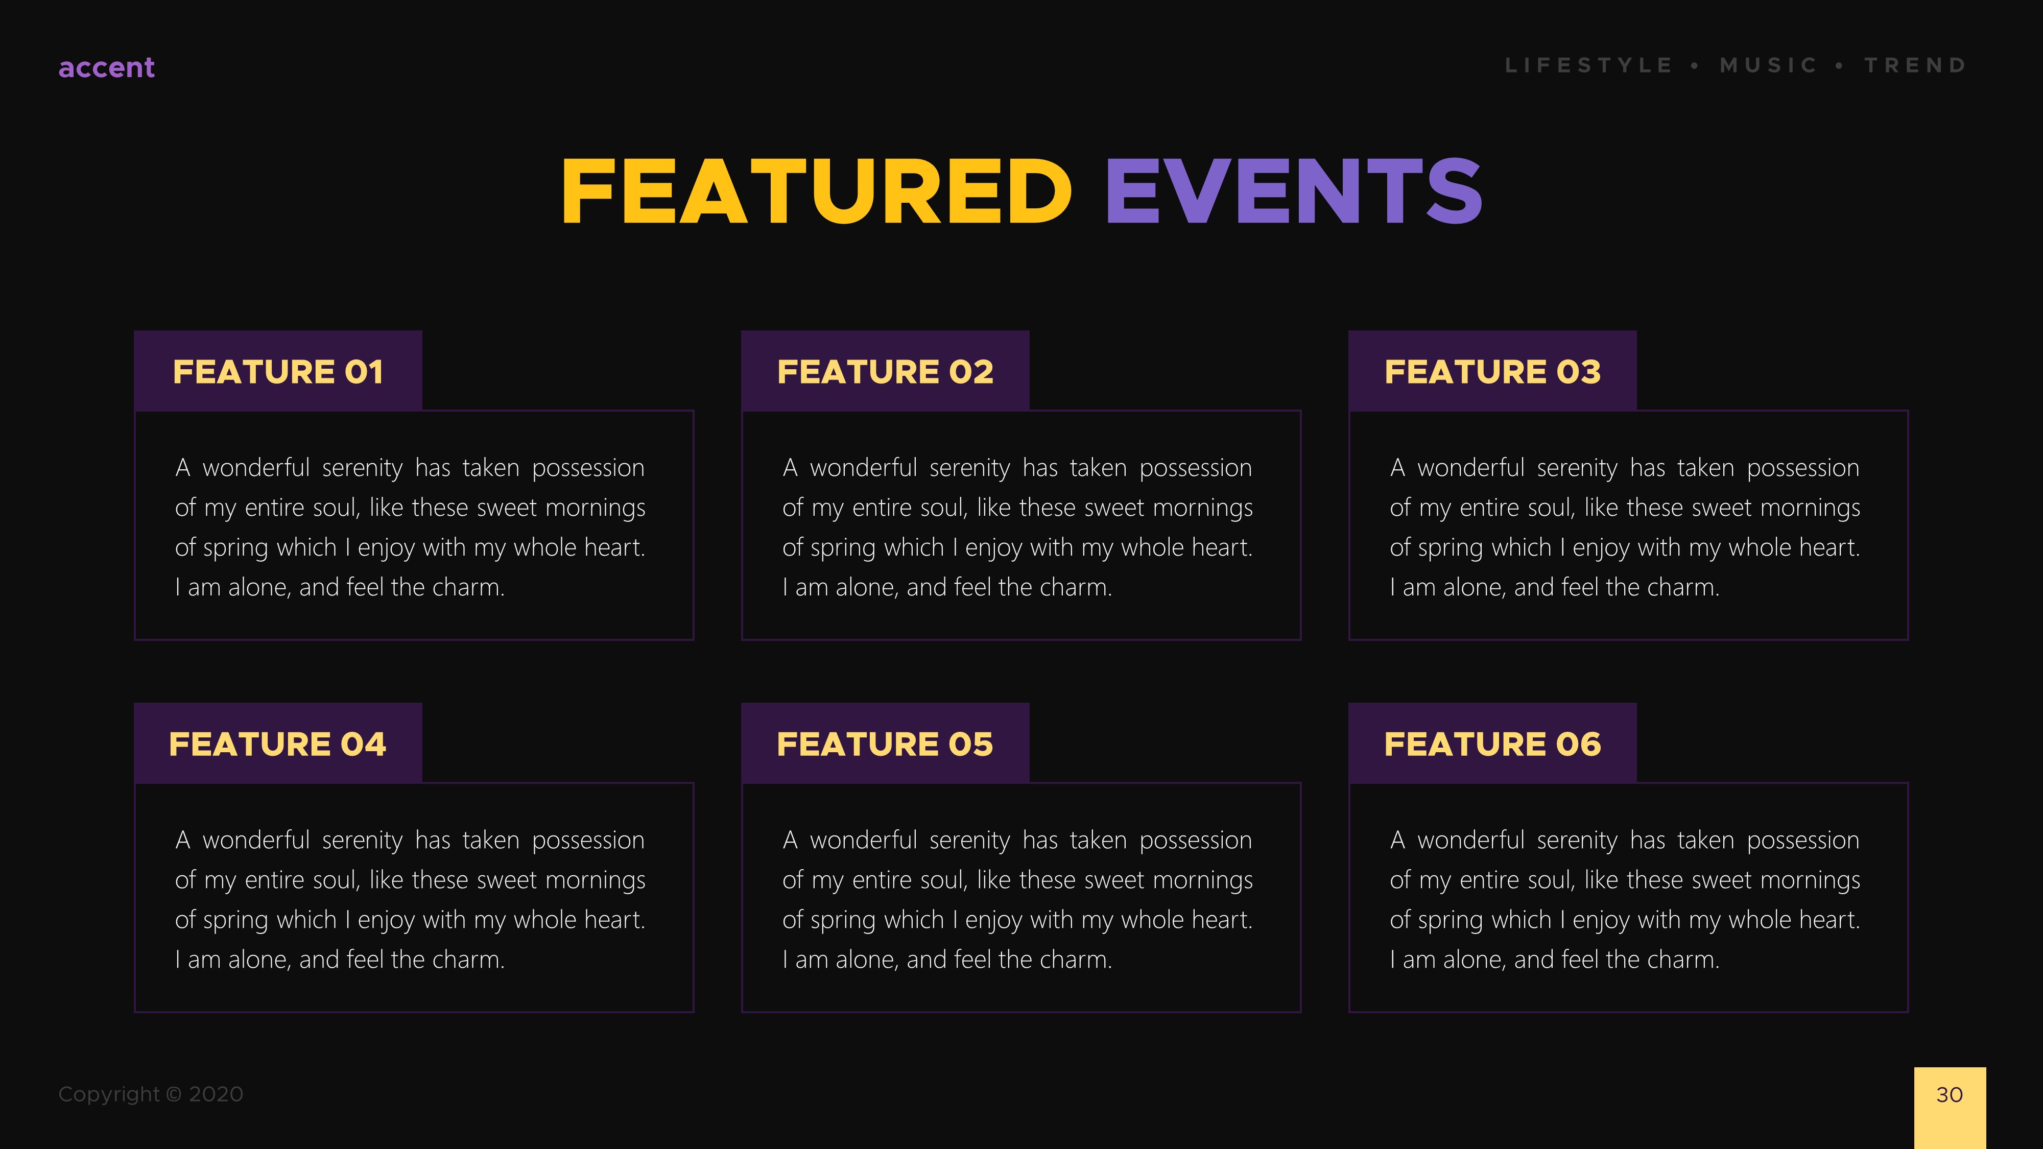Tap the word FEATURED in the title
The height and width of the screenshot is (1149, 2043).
tap(816, 192)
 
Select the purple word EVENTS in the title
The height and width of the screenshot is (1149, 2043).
tap(1293, 192)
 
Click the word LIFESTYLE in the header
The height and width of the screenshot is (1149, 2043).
tap(1588, 65)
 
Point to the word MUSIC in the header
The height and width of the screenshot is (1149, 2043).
tap(1769, 65)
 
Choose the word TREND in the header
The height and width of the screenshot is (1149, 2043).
tap(1915, 65)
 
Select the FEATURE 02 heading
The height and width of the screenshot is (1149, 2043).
tap(885, 372)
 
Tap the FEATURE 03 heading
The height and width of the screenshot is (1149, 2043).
tap(1492, 372)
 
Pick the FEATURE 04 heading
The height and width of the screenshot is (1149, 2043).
tap(277, 744)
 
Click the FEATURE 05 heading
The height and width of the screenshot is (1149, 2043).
tap(885, 744)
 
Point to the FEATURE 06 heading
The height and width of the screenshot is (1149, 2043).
tap(1492, 744)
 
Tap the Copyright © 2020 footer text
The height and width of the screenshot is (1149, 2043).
tap(151, 1094)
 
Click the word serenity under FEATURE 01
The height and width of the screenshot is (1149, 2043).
tap(363, 468)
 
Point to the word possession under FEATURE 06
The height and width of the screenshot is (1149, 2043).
tap(1803, 840)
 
